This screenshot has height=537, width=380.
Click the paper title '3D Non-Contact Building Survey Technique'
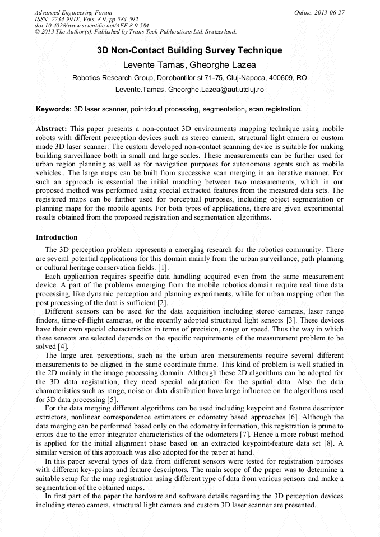[189, 50]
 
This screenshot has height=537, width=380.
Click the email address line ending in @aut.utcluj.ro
[189, 90]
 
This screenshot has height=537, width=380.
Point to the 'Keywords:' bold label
[54, 109]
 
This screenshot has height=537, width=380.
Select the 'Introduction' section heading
[57, 237]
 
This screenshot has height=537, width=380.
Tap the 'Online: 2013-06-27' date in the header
[319, 12]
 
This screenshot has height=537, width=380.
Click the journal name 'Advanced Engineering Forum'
[73, 12]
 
